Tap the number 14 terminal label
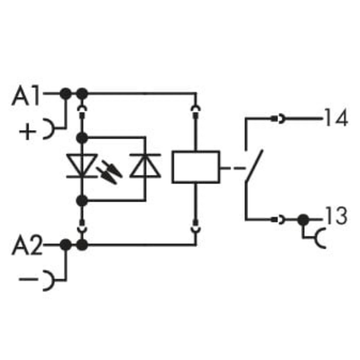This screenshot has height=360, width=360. click(x=335, y=118)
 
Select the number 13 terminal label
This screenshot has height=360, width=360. click(x=335, y=217)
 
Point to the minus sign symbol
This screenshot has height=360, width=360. click(x=29, y=279)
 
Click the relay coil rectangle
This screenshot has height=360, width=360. click(x=196, y=167)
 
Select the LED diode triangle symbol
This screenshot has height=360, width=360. click(x=82, y=166)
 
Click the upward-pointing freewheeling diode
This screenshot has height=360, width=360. click(x=145, y=166)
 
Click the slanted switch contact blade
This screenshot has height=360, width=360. click(x=253, y=166)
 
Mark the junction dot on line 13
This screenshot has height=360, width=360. click(x=302, y=220)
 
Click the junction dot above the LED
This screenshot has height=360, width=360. click(x=82, y=138)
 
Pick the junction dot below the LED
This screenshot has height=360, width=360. click(x=82, y=200)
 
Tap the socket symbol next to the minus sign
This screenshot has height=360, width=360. click(x=48, y=279)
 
